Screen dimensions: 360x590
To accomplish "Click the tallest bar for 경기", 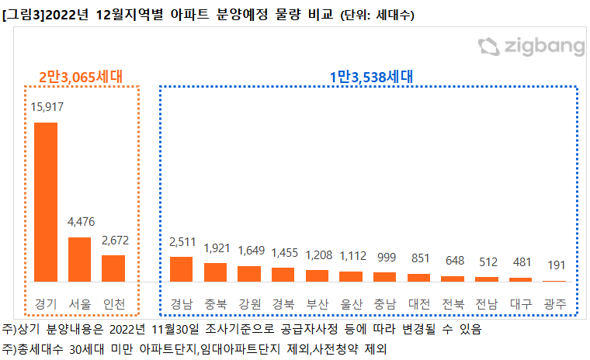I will (x=45, y=201).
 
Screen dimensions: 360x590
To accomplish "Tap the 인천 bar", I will (x=113, y=268).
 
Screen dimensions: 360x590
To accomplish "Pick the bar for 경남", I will (x=181, y=268).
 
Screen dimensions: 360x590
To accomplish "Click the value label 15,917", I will (x=47, y=107).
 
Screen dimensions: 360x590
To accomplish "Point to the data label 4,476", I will (x=81, y=222).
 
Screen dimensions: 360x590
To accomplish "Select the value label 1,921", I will (x=215, y=248).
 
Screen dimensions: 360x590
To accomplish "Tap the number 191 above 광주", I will (x=554, y=265).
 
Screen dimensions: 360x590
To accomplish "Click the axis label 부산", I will (x=318, y=303).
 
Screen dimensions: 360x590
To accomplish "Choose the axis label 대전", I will (x=418, y=303).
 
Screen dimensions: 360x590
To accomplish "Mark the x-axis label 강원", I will (x=249, y=303).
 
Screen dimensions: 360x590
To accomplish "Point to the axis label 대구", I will (x=521, y=303).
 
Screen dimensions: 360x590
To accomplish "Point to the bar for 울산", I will (x=351, y=275).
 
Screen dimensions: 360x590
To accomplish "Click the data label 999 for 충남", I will (x=385, y=257).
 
